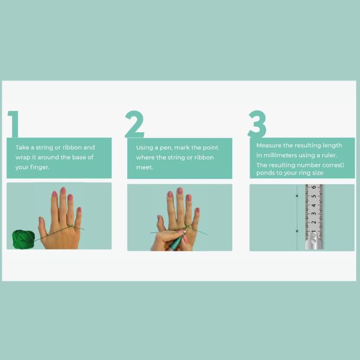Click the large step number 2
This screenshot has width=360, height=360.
pos(134,124)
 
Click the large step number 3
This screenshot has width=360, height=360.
pos(257,124)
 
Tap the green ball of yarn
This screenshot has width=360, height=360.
pos(23,239)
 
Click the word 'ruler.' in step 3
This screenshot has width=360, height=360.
pos(329,155)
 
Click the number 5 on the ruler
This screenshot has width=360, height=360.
pos(314,196)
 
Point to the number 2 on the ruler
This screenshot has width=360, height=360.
pos(314,222)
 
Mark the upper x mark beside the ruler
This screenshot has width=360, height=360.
pos(297,196)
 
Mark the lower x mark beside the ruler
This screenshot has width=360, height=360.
pos(297,231)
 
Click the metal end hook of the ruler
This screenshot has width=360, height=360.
pos(314,241)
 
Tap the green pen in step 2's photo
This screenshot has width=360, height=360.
pos(177,241)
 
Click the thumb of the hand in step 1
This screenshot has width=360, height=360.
pos(43,227)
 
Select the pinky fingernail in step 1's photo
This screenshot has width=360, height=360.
pos(79,209)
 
